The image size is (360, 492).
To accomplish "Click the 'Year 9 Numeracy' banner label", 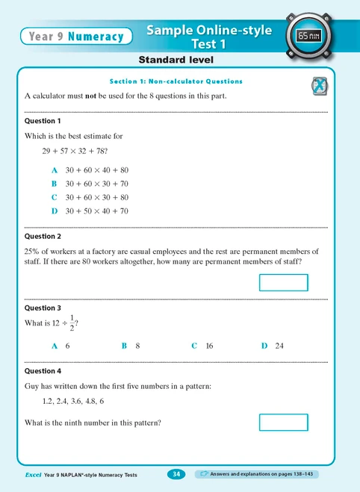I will pos(75,35).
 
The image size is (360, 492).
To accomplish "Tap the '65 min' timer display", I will pos(309,35).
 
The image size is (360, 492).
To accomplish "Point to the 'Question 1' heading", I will pos(43,120).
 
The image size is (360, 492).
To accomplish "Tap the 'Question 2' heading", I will pos(43,236).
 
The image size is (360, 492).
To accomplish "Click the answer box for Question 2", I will pos(283,282).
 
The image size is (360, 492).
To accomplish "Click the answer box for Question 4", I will pos(283,422).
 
